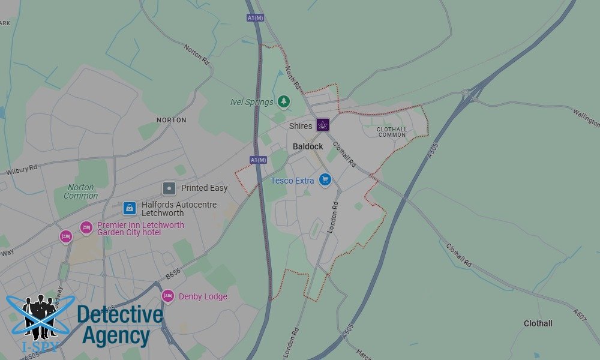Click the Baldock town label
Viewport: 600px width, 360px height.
click(308, 146)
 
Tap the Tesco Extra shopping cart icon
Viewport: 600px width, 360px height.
click(325, 179)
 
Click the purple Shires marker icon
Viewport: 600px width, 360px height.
click(323, 125)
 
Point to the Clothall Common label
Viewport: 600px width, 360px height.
click(392, 132)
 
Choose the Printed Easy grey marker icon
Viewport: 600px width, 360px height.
click(169, 188)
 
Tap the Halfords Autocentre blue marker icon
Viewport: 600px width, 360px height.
click(129, 208)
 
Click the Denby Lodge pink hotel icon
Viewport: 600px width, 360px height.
click(168, 296)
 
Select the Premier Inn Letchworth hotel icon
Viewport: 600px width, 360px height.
click(86, 228)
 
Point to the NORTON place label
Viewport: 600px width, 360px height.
click(172, 120)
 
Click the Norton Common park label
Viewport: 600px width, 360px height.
click(80, 191)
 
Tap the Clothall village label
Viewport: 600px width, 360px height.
click(538, 323)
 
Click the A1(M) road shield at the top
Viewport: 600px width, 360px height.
click(255, 18)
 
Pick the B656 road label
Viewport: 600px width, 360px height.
click(173, 274)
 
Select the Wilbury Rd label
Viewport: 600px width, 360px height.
click(22, 170)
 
